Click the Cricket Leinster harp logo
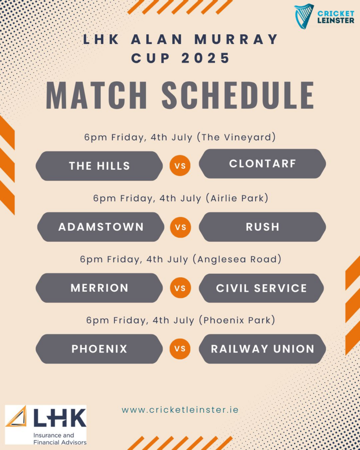[x=304, y=16]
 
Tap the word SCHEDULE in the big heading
[x=238, y=95]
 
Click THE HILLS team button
[x=99, y=166]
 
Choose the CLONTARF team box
[x=262, y=163]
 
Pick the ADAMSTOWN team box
[x=101, y=227]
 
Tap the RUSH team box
[x=262, y=227]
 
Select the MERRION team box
[x=99, y=288]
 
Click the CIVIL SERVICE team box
[x=261, y=288]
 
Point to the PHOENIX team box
[x=99, y=348]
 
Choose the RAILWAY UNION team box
[x=262, y=348]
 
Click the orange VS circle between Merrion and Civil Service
[x=180, y=288]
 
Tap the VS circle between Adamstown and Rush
[x=181, y=227]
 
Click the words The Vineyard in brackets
[x=236, y=137]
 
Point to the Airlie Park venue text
[x=237, y=198]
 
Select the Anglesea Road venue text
[x=237, y=259]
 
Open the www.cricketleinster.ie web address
[x=180, y=410]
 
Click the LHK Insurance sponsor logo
[x=46, y=425]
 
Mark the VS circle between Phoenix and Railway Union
[x=180, y=348]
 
